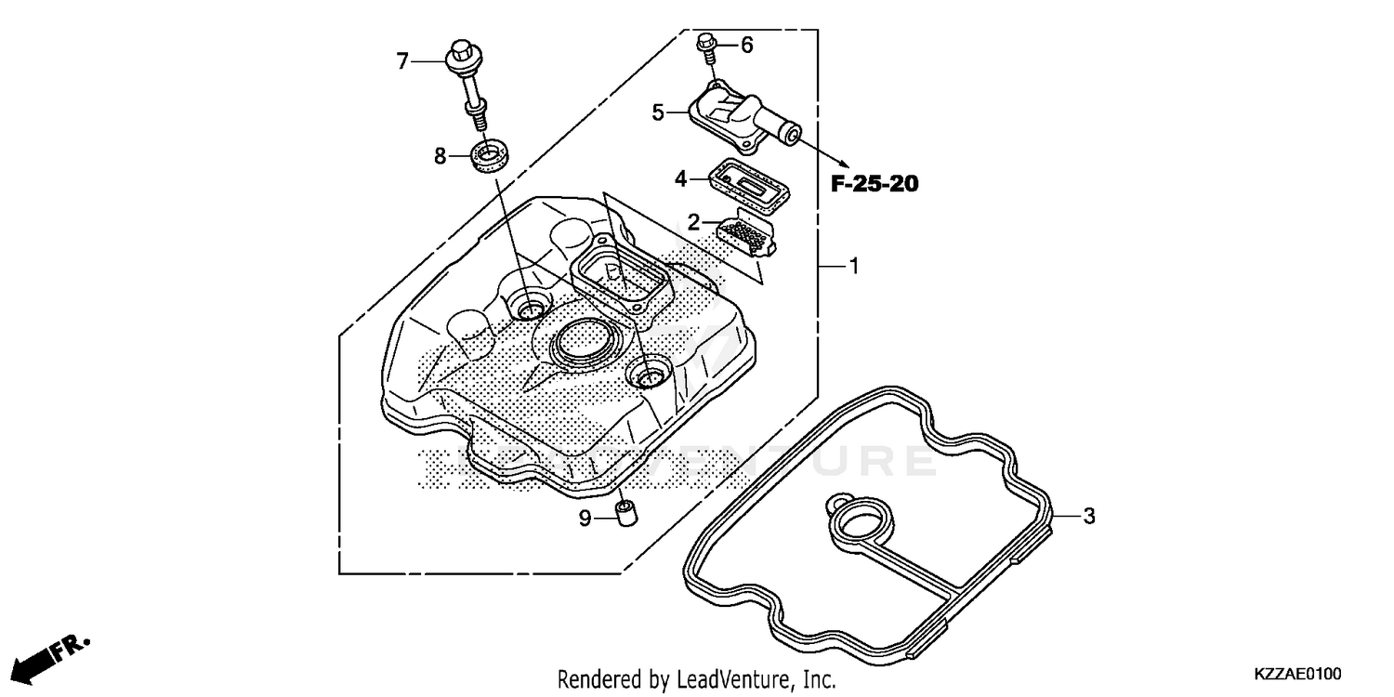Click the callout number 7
click(401, 61)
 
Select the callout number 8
click(441, 156)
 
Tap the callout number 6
click(746, 45)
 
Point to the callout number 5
click(658, 112)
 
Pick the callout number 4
click(681, 178)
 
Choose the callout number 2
click(693, 221)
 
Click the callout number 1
click(852, 267)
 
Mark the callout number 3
click(1089, 516)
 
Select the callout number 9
click(585, 519)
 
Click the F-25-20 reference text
click(874, 184)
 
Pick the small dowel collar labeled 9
click(625, 512)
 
